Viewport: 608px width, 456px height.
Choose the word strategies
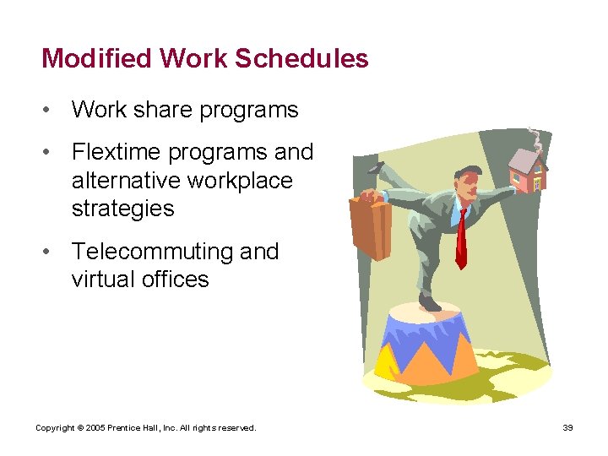pyautogui.click(x=122, y=209)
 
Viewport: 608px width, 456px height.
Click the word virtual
pyautogui.click(x=99, y=280)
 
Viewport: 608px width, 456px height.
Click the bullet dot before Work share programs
pyautogui.click(x=52, y=111)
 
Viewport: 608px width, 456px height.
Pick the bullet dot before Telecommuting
pyautogui.click(x=52, y=252)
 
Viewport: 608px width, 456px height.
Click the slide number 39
pyautogui.click(x=567, y=428)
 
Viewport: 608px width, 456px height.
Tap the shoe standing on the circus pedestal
pyautogui.click(x=430, y=302)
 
